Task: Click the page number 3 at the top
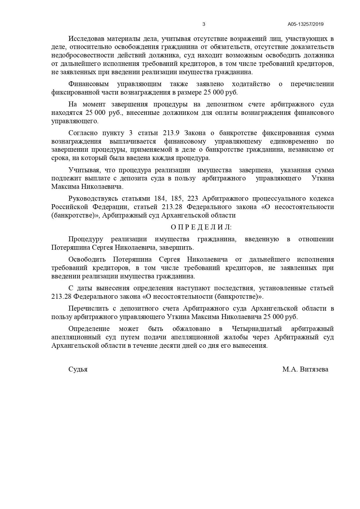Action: point(204,24)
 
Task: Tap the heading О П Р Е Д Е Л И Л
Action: point(201,227)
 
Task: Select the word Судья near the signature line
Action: point(78,369)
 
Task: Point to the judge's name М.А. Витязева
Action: point(305,369)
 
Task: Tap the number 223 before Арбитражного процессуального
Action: point(193,199)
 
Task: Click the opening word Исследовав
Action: point(84,39)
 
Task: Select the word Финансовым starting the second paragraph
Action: point(88,84)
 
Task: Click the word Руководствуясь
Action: point(93,199)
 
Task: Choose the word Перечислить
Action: point(88,308)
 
